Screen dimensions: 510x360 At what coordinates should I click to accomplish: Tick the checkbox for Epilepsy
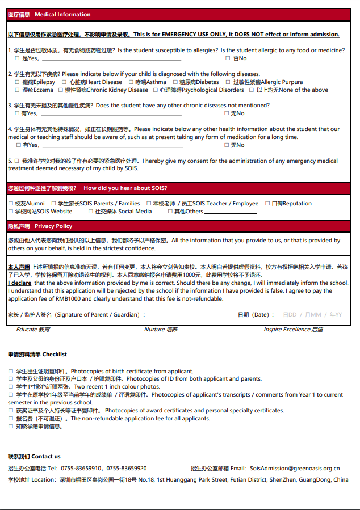tap(17, 82)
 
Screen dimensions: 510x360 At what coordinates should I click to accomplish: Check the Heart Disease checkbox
tap(64, 82)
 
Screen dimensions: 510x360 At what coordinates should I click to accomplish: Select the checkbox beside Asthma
tap(130, 82)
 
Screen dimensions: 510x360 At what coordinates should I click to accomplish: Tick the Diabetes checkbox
tap(174, 82)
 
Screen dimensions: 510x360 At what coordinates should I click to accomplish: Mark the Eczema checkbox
tap(17, 90)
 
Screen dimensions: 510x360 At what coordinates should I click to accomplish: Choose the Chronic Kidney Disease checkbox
tap(60, 90)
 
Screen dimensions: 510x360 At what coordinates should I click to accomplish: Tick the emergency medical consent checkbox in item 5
tap(17, 161)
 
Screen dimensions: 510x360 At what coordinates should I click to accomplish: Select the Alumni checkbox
tap(11, 204)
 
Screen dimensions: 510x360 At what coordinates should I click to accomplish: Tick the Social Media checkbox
tap(90, 212)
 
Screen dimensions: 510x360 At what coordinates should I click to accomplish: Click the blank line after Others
tap(230, 212)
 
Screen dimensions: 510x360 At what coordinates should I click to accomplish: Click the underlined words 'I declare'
tap(20, 283)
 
